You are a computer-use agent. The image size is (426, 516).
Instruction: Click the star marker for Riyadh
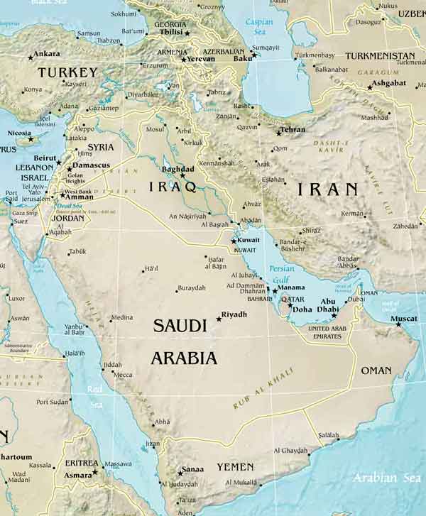pos(219,319)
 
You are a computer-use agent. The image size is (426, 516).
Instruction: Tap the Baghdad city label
pos(177,170)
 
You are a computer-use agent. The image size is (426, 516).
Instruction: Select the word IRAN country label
pos(327,189)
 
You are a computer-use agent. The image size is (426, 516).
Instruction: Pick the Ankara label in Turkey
pos(48,53)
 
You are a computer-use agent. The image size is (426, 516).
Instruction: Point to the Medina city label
pos(121,318)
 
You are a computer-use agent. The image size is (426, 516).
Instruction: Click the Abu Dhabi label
pos(327,304)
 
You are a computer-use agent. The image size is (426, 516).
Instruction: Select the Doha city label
pos(302,309)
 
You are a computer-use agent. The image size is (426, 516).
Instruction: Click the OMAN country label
pos(376,370)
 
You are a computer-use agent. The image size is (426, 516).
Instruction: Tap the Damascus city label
pos(92,165)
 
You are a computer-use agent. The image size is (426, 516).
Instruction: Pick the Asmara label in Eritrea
pos(77,474)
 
